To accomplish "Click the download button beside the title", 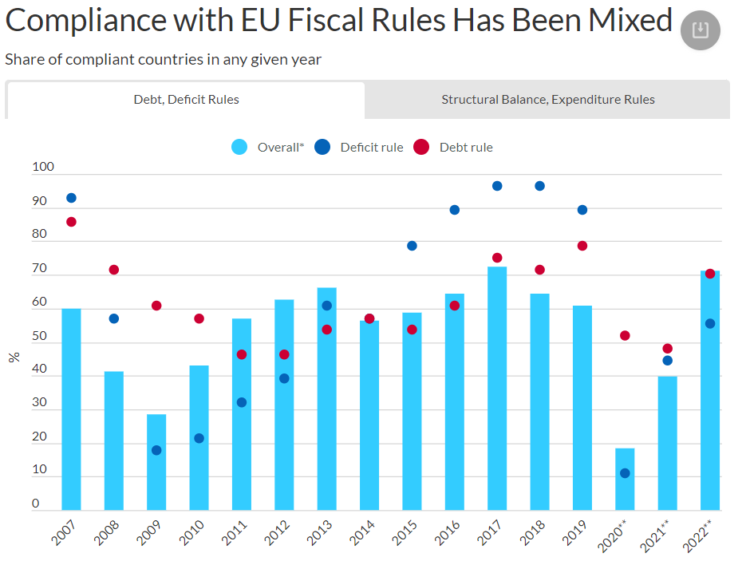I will click(x=700, y=31).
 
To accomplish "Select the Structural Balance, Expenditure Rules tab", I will click(x=547, y=100).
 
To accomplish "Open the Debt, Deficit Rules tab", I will click(x=186, y=100).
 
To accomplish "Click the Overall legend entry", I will click(x=268, y=147).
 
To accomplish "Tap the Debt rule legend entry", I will click(x=454, y=147).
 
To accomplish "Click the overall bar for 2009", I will click(x=156, y=463).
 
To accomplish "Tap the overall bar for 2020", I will click(x=625, y=480).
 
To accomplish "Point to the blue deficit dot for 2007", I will click(x=71, y=198).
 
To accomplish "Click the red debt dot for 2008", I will click(x=114, y=270).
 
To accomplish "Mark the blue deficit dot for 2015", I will click(x=412, y=246).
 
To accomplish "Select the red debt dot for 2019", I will click(x=582, y=246).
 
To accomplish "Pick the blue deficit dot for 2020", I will click(x=625, y=473).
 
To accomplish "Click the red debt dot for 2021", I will click(x=668, y=349).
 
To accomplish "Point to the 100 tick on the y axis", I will click(x=43, y=168).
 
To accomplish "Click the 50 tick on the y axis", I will click(x=40, y=336).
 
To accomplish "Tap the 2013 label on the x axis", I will click(x=320, y=533).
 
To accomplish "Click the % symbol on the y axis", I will click(x=14, y=357).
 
